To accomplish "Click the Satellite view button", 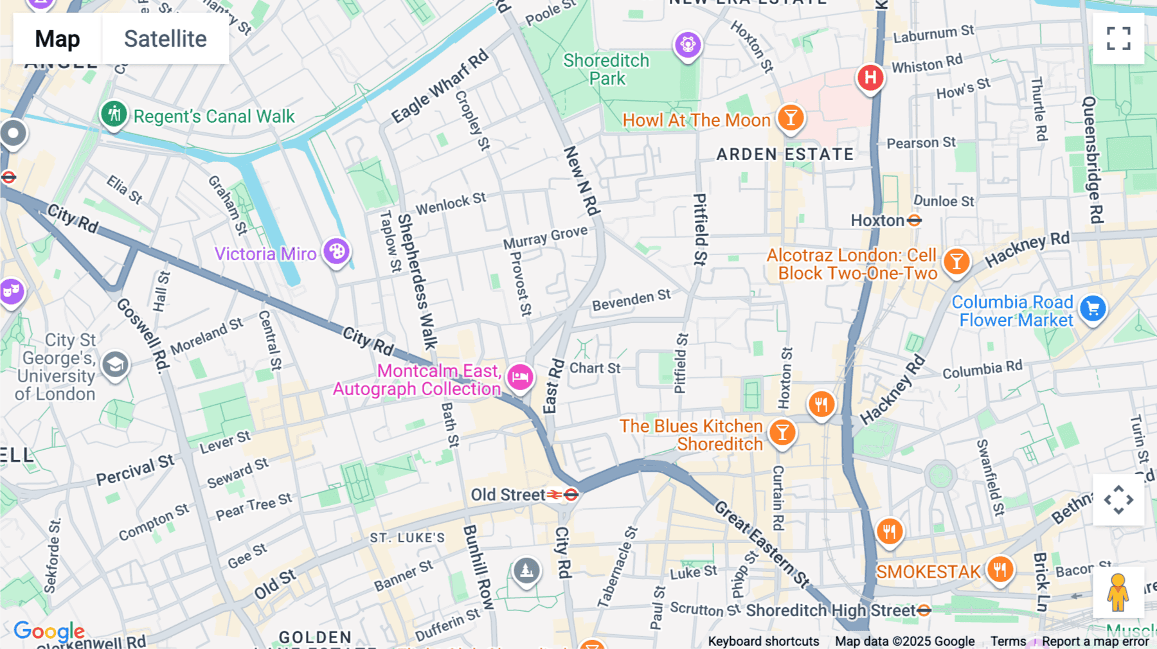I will click(x=165, y=39).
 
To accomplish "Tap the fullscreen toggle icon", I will click(x=1118, y=39).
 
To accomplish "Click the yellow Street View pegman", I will click(x=1118, y=592).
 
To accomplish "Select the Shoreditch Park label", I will click(x=606, y=69).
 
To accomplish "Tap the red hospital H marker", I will click(x=870, y=78).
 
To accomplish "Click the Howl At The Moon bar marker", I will click(x=791, y=118).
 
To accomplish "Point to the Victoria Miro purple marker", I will click(x=336, y=251).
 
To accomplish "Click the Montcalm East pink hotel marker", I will click(x=520, y=377).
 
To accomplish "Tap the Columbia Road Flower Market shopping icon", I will click(x=1093, y=309).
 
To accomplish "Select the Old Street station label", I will click(x=508, y=495).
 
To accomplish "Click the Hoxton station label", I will click(x=877, y=220).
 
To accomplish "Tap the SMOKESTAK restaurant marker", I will click(x=1000, y=569).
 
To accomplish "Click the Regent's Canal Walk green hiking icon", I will click(x=114, y=114).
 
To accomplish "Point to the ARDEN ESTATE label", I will click(x=785, y=154).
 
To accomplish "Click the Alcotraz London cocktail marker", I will click(x=956, y=262).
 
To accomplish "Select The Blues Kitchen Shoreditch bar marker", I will click(x=782, y=432).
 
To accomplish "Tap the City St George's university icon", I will click(x=116, y=366).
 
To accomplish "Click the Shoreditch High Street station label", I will click(x=830, y=610).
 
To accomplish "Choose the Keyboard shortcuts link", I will click(x=763, y=641).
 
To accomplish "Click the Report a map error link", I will click(x=1095, y=641).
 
